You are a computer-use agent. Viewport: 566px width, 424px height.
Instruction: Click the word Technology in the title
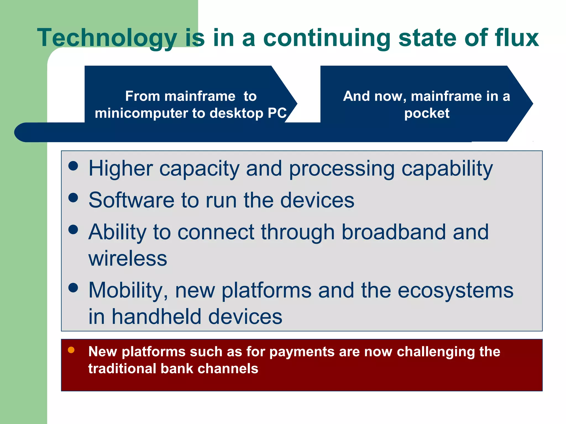pos(107,38)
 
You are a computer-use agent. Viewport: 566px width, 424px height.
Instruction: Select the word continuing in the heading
pos(327,38)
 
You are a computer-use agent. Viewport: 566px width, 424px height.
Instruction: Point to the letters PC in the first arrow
pos(277,113)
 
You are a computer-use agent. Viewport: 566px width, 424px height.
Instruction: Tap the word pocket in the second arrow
pos(427,113)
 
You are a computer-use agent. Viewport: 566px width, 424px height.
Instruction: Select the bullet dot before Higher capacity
pos(73,166)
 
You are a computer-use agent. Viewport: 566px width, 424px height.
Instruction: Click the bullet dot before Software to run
pos(73,197)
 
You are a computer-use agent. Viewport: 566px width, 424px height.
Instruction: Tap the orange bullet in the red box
pos(71,350)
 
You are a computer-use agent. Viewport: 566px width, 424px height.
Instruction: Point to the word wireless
pos(128,258)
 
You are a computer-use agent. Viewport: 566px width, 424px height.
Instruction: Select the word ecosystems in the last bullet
pos(455,290)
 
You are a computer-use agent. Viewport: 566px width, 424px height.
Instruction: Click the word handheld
pos(156,317)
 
